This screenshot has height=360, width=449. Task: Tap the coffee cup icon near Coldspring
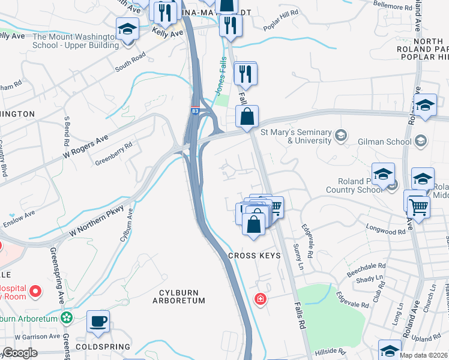[x=98, y=321]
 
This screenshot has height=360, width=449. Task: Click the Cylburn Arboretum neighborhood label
[x=182, y=296]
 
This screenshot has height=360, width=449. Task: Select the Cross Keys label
[x=255, y=256]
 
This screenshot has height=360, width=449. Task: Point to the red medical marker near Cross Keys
[x=260, y=298]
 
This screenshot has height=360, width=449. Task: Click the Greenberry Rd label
[x=113, y=154]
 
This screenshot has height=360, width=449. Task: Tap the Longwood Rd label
[x=385, y=230]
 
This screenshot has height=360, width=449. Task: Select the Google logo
[x=20, y=353]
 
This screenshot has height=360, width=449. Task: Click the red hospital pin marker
[x=35, y=292]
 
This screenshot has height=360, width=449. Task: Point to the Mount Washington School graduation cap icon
[x=127, y=29]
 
